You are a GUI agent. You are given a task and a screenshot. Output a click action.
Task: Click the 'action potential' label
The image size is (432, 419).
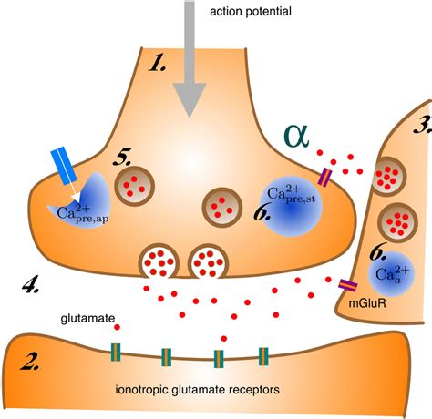(251, 12)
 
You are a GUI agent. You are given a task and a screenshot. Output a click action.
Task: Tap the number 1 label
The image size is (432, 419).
(157, 64)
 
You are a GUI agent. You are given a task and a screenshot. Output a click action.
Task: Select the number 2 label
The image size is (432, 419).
(30, 361)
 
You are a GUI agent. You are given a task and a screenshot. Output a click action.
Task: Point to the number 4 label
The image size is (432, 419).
(31, 284)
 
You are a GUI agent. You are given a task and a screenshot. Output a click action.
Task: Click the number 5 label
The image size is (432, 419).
(122, 158)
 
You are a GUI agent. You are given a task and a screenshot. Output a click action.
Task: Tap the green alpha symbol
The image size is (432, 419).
(296, 136)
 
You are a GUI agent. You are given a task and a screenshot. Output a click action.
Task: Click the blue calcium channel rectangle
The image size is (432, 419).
(64, 166)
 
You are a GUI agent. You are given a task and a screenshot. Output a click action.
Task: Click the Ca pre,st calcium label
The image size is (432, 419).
(291, 194)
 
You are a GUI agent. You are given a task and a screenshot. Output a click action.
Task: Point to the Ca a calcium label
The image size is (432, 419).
(393, 274)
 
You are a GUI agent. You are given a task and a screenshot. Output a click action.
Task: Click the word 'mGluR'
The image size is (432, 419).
(367, 303)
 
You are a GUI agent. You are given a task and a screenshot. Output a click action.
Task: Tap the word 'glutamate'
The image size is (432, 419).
(87, 319)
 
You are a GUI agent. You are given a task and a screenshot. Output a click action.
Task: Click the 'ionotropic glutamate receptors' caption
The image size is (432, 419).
(198, 390)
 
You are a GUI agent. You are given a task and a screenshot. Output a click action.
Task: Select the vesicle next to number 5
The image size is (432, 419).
(135, 186)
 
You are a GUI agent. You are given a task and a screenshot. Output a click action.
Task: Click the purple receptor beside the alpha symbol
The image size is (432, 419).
(324, 177)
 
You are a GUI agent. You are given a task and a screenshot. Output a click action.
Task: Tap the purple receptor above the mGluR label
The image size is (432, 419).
(348, 285)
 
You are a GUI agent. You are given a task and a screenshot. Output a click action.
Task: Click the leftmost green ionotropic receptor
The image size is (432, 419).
(116, 353)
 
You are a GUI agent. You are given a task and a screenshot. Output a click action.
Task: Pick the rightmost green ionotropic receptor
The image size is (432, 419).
(263, 356)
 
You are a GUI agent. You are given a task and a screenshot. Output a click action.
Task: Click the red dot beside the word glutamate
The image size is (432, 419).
(118, 327)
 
